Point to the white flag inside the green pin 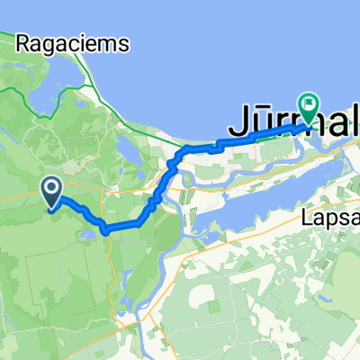pos(309,104)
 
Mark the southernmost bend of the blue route pos(106,229)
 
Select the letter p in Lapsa pos(330,220)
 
